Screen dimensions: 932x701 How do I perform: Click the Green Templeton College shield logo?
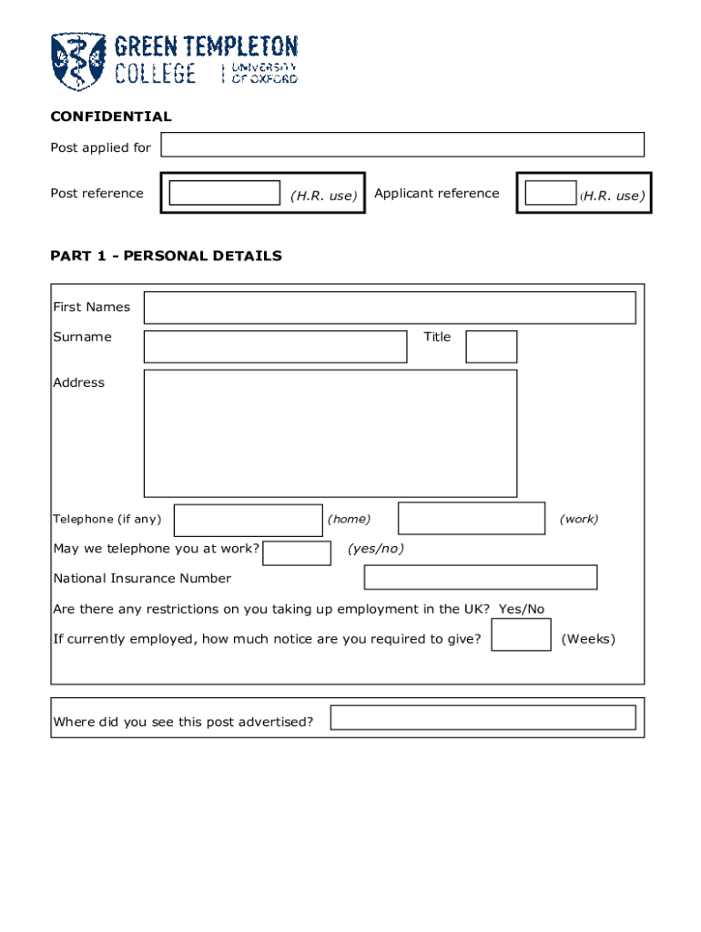(78, 61)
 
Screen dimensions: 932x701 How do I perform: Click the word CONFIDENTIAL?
(111, 116)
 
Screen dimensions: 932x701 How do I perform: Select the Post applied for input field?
(402, 145)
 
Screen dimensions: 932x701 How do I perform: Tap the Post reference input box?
(225, 193)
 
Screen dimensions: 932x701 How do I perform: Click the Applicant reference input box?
(550, 193)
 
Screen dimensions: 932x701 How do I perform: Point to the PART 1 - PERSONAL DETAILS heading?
(166, 256)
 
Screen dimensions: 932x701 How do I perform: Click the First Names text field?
(390, 308)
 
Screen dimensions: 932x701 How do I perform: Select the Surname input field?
(275, 347)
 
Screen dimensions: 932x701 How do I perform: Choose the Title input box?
(491, 347)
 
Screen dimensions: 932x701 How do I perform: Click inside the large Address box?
(330, 432)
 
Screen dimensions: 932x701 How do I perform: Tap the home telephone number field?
(248, 520)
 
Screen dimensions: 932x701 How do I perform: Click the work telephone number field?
(472, 519)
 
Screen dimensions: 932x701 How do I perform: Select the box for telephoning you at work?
(296, 552)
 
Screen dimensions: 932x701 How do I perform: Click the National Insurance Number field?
(481, 577)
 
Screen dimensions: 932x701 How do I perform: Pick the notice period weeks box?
(521, 635)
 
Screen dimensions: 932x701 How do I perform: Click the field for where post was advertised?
(483, 717)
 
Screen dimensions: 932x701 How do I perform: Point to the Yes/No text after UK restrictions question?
(522, 609)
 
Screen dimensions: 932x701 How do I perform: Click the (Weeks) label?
(588, 639)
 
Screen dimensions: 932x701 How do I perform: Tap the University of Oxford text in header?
(264, 73)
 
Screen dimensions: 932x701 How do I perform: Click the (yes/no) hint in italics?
(376, 549)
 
